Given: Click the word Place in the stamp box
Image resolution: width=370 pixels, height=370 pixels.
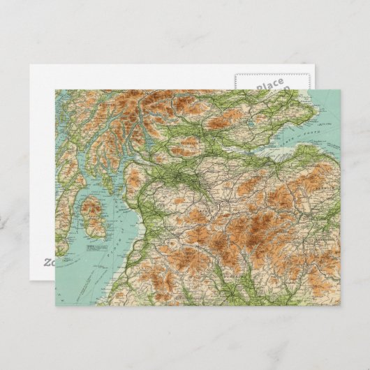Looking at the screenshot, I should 269,84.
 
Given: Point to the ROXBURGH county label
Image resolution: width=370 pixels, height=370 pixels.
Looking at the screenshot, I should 319,237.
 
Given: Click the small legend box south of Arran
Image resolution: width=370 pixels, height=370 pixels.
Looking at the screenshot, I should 90,248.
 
